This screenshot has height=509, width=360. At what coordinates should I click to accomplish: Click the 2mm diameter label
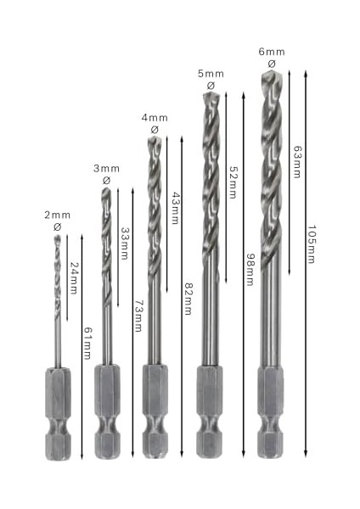(x=57, y=215)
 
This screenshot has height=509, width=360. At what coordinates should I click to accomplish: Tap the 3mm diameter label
(x=106, y=169)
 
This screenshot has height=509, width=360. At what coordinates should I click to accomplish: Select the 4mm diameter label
(x=155, y=118)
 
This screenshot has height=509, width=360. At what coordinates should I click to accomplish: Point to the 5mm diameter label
(x=211, y=74)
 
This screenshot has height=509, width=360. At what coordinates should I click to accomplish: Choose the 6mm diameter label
(x=272, y=52)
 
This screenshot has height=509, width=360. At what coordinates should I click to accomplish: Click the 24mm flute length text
(x=75, y=278)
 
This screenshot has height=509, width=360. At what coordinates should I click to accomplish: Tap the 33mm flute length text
(x=125, y=243)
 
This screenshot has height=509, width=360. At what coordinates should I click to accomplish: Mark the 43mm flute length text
(x=176, y=208)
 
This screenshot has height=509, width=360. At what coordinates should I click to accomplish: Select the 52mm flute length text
(x=233, y=182)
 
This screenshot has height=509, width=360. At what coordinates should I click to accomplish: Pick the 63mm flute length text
(x=297, y=162)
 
